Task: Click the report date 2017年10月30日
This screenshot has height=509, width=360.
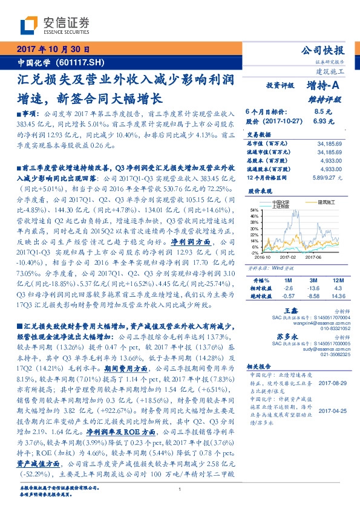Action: (53, 49)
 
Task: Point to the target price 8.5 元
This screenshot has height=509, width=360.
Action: (320, 112)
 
